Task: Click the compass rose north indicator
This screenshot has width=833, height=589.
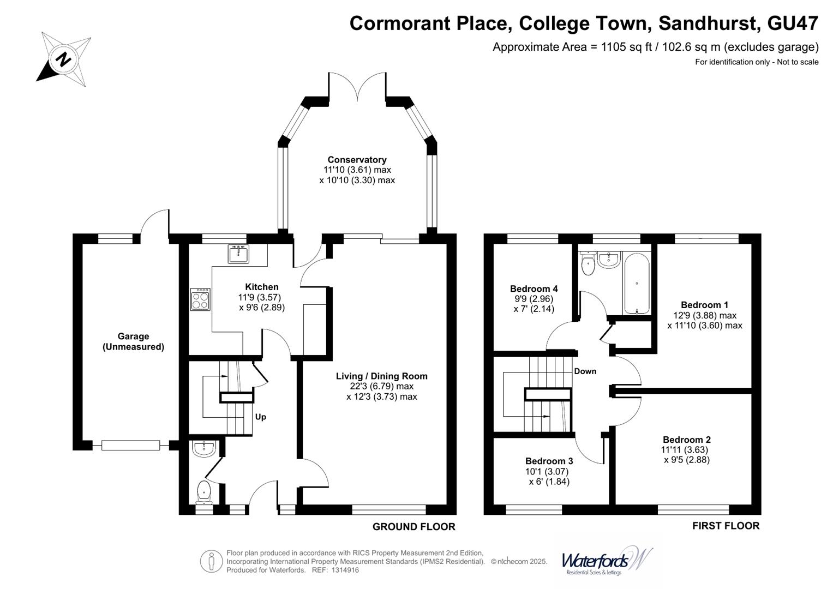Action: click(63, 59)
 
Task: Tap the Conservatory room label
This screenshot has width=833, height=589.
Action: click(357, 160)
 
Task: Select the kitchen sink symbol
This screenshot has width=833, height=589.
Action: click(238, 254)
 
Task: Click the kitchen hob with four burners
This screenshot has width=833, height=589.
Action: click(200, 299)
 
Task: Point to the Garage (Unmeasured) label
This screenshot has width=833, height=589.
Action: click(133, 341)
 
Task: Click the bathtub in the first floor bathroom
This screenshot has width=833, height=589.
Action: click(637, 286)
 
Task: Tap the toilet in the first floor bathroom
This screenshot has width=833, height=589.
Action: click(588, 265)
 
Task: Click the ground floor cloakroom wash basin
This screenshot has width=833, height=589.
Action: click(205, 448)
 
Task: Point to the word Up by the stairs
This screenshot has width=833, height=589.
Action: click(261, 417)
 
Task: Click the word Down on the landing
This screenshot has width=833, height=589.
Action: click(585, 371)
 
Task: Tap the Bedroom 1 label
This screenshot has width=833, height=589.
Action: click(704, 305)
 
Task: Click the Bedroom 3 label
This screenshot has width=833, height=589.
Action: click(549, 461)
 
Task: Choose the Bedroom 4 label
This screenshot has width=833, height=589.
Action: click(534, 289)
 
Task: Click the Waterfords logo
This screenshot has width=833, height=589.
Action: click(606, 561)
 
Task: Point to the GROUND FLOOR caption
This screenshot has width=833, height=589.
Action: click(413, 526)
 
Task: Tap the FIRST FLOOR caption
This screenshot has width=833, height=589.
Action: click(726, 526)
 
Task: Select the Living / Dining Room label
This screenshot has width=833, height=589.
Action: click(381, 376)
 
